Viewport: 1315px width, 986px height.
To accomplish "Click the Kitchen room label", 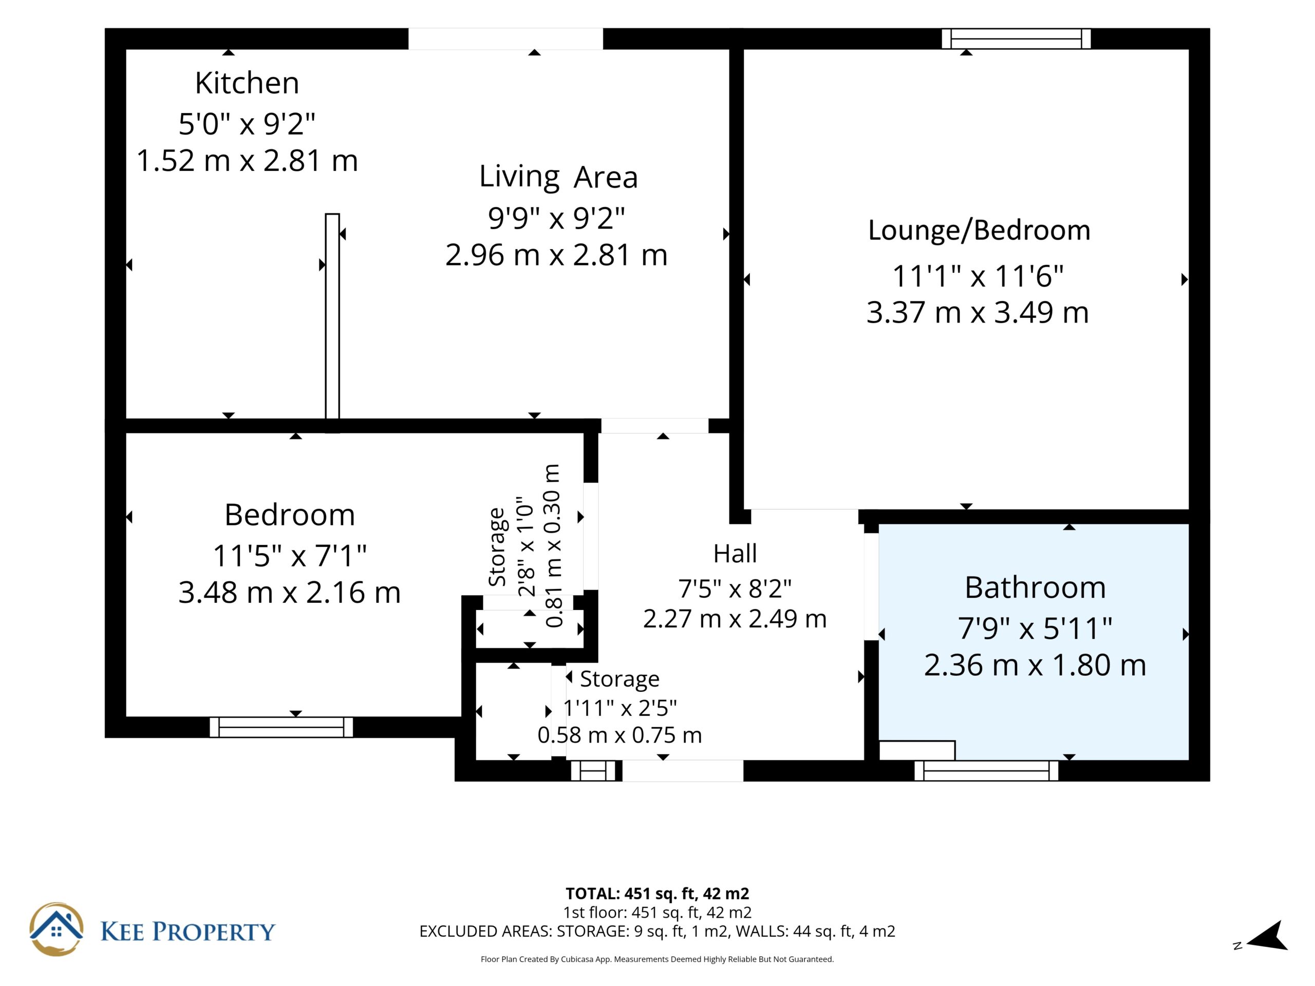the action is pos(247,83).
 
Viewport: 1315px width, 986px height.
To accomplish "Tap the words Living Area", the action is pos(558,177).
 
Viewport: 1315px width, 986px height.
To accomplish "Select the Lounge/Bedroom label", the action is pos(979,231).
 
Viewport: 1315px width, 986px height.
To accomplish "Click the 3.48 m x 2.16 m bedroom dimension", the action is pos(290,593).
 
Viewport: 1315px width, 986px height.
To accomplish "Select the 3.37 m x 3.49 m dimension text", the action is pos(978,313).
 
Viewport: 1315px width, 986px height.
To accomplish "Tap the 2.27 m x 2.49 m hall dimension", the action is pos(735,619).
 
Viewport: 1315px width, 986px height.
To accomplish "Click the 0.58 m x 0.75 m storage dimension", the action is pos(619,735).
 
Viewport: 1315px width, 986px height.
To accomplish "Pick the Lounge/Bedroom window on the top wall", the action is pos(1016,39).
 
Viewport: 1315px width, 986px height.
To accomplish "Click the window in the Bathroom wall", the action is pos(986,771).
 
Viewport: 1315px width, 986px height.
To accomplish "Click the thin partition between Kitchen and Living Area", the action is pos(332,323).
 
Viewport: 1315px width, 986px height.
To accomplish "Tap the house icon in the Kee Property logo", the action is pos(57,930).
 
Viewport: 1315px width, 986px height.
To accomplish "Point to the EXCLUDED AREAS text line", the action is pos(657,932).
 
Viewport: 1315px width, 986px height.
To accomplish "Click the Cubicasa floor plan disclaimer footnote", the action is pos(657,959).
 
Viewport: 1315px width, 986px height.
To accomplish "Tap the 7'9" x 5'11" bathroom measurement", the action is pos(1035,628).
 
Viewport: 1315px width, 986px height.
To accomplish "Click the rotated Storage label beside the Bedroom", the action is pos(497,547).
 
